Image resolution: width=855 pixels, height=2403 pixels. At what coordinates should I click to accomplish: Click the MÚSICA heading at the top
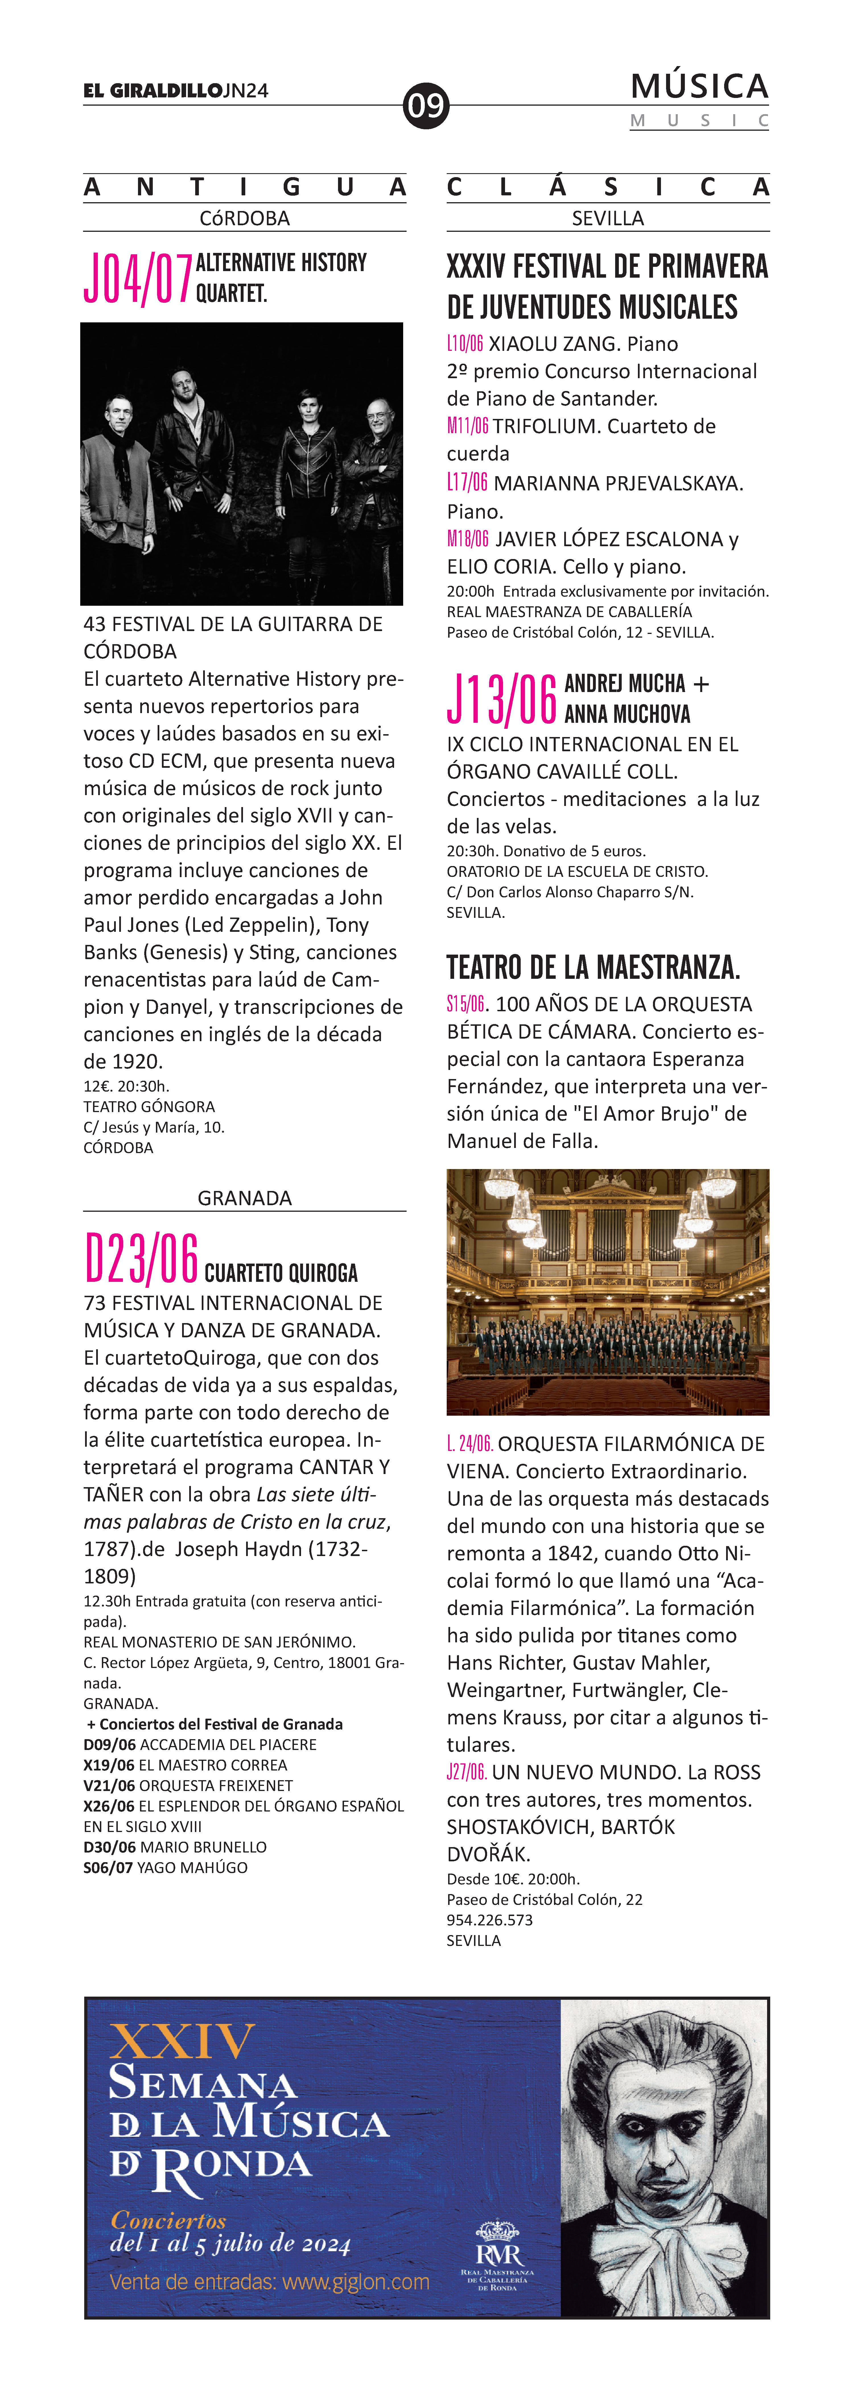click(x=699, y=87)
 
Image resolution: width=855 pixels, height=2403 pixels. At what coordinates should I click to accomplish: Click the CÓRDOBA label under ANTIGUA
click(x=244, y=218)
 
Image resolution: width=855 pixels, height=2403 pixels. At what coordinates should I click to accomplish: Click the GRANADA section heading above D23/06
click(x=244, y=1198)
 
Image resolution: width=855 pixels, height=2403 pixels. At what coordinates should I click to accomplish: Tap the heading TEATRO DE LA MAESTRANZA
click(x=593, y=967)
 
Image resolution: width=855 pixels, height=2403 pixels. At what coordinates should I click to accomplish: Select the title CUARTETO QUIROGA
click(x=281, y=1272)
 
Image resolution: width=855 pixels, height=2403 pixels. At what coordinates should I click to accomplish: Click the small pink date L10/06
click(x=464, y=343)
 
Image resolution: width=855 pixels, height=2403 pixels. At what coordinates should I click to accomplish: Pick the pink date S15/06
click(x=465, y=1004)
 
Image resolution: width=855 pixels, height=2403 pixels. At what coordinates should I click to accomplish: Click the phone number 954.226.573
click(x=489, y=1920)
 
